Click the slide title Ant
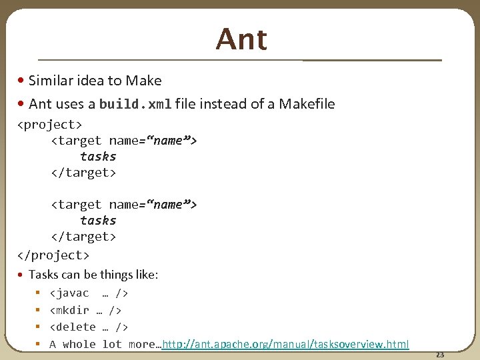click(241, 39)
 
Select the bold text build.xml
click(135, 104)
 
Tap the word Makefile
click(307, 104)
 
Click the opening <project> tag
click(49, 125)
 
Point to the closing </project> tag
click(53, 255)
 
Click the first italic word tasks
click(98, 157)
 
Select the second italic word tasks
click(98, 221)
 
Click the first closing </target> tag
click(84, 173)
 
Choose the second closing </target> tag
click(84, 237)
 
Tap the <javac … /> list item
click(89, 293)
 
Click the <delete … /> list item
click(89, 327)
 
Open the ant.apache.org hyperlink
click(285, 344)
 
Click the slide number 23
click(439, 355)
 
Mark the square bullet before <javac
click(38, 293)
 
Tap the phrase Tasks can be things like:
click(93, 275)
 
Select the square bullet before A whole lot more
click(38, 344)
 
